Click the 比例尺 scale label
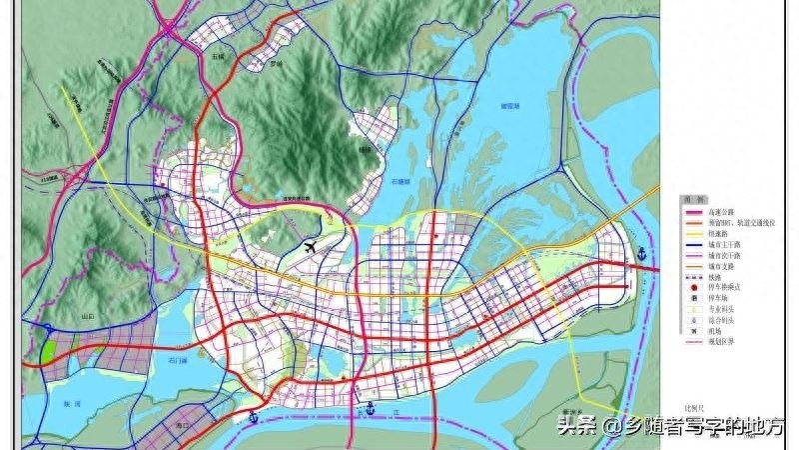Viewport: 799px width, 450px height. pos(691,407)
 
